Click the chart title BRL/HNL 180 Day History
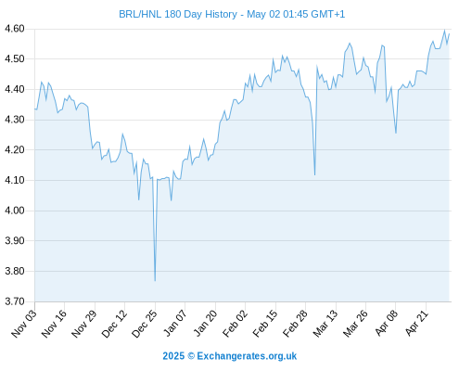178,14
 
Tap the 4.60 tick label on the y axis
14,29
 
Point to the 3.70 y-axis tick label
14,301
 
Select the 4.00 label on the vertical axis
14,211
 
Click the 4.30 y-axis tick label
14,120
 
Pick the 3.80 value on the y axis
14,271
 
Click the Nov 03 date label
24,324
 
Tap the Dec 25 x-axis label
145,324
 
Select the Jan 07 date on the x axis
174,324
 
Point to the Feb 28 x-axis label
295,324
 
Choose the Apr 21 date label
416,324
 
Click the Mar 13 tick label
325,324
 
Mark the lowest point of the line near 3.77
155,281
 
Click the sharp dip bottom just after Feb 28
314,175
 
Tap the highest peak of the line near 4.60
444,31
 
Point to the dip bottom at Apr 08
396,133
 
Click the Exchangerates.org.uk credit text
247,356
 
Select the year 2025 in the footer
173,356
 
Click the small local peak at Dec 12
122,134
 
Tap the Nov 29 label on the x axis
84,324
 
